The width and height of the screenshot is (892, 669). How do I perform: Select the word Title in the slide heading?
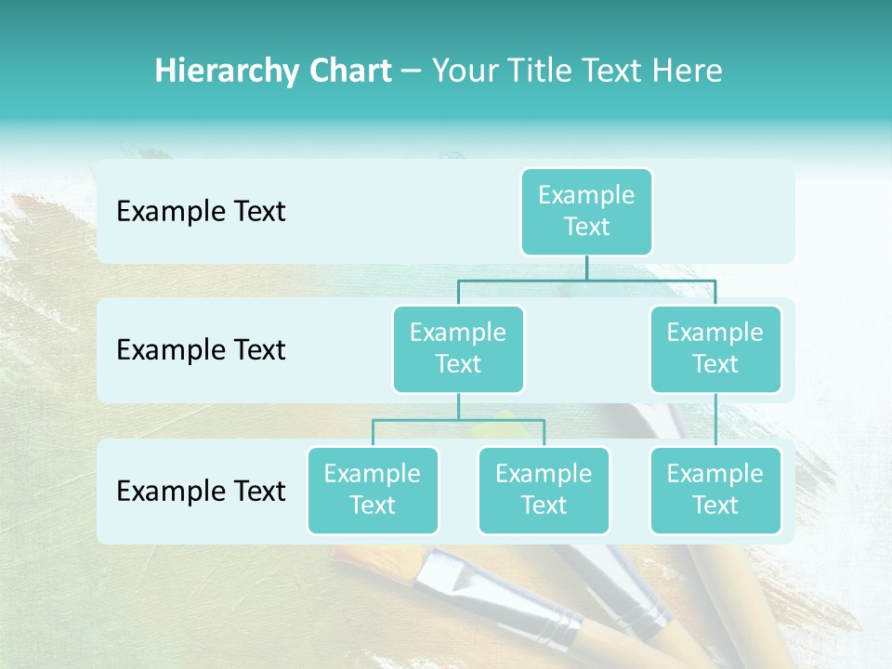click(537, 72)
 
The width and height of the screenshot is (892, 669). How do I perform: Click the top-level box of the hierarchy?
click(586, 211)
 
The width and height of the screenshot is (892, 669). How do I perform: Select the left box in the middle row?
click(458, 348)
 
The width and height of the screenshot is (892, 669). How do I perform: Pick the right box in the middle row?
click(715, 348)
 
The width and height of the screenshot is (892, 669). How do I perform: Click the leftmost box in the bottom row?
click(373, 490)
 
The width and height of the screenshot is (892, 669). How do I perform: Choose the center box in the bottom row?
click(544, 490)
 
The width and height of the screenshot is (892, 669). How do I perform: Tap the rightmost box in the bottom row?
click(715, 490)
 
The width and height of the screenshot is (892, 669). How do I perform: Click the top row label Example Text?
click(201, 212)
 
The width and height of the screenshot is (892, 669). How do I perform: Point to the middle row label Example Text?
click(201, 350)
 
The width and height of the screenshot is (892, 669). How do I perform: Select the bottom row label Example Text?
click(201, 491)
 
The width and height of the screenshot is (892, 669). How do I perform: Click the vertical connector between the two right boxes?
click(715, 420)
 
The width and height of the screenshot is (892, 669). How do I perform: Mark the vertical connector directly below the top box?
click(586, 268)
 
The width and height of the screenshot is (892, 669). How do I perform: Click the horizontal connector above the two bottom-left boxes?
click(458, 420)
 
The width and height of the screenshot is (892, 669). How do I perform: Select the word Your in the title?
click(463, 72)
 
